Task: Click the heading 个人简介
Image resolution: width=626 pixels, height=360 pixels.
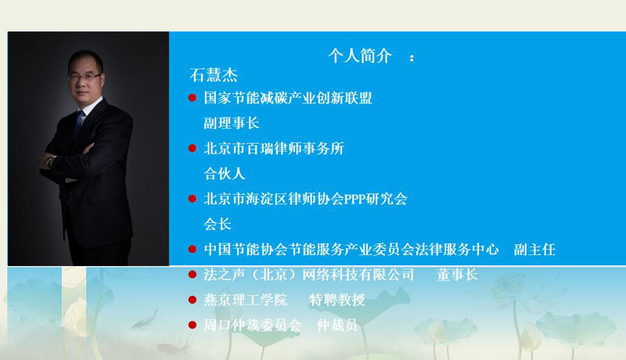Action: [x=359, y=56]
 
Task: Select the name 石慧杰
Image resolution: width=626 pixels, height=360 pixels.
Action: [x=214, y=75]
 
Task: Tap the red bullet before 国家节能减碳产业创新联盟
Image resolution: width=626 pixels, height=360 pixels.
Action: [x=192, y=97]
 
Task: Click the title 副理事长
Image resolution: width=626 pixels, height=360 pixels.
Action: [x=232, y=123]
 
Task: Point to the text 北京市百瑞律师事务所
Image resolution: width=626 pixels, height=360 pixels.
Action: [x=274, y=149]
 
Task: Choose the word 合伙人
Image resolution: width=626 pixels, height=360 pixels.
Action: [x=225, y=174]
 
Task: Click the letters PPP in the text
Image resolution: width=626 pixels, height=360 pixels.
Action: [x=354, y=199]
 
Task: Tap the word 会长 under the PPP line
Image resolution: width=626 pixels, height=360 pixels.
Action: [x=218, y=225]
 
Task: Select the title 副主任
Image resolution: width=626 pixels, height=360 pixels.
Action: [x=534, y=250]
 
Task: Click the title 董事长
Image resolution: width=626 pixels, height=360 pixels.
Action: [x=457, y=275]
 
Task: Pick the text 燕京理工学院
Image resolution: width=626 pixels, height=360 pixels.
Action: [x=246, y=300]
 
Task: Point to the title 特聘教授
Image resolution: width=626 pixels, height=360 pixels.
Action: [x=337, y=300]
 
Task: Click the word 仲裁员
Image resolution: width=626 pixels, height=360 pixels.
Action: [x=337, y=326]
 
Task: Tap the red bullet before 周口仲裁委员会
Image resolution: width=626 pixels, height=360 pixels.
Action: [x=192, y=325]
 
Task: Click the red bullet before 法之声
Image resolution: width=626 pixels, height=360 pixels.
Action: [x=192, y=274]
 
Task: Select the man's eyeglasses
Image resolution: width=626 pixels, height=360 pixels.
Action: [x=85, y=76]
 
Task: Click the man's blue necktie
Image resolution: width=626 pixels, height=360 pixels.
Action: [x=80, y=121]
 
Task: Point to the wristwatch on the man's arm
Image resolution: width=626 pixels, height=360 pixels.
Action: [x=50, y=161]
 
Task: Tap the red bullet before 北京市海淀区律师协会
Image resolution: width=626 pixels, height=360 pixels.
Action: [x=192, y=198]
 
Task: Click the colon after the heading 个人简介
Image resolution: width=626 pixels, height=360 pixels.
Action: [x=412, y=58]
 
